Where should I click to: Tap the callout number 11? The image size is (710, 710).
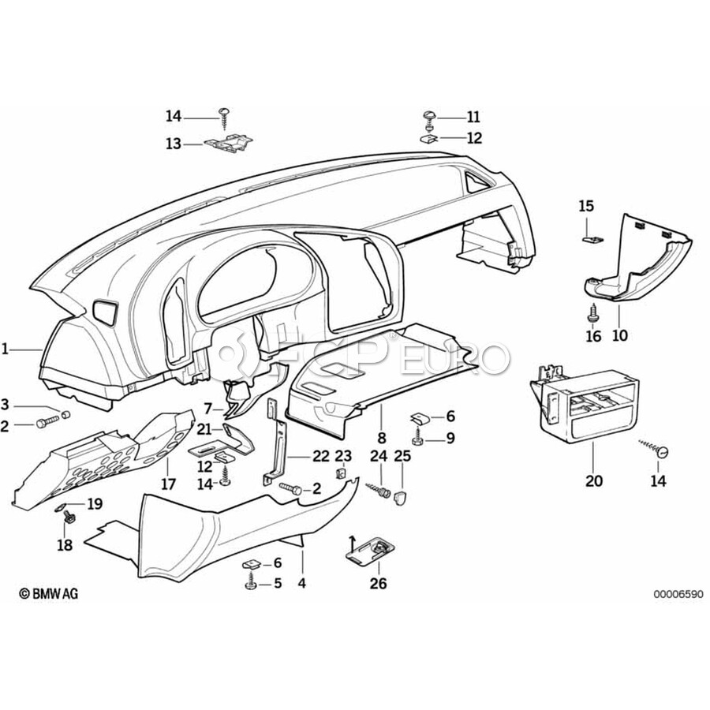(473, 118)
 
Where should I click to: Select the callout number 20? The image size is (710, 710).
(593, 481)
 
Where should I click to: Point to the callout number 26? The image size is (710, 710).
(379, 584)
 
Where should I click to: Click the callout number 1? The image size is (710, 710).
(6, 348)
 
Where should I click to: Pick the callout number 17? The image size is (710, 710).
(168, 484)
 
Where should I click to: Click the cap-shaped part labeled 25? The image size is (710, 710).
(402, 497)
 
